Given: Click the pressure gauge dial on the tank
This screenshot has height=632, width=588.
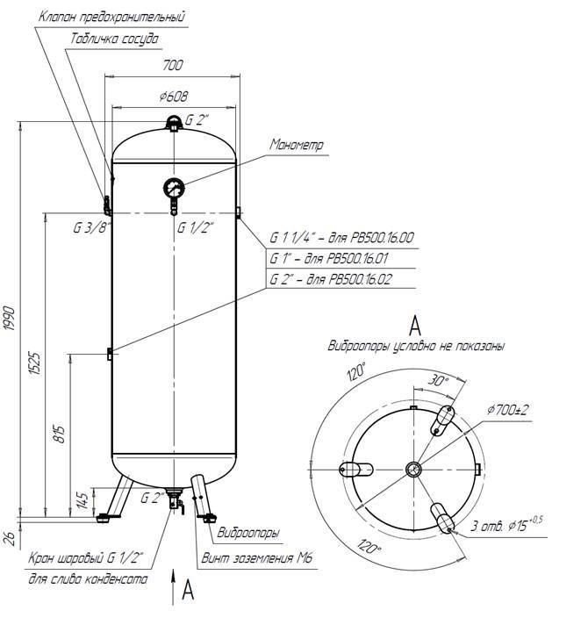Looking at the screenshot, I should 173,187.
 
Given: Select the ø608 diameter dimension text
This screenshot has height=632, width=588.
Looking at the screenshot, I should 174,97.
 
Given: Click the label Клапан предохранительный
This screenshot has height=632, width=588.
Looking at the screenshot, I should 111,17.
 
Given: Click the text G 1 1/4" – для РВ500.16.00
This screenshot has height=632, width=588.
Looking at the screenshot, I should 342,238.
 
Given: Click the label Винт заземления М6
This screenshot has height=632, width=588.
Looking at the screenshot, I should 256,558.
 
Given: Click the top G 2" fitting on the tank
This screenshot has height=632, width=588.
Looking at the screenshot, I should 175,122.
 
